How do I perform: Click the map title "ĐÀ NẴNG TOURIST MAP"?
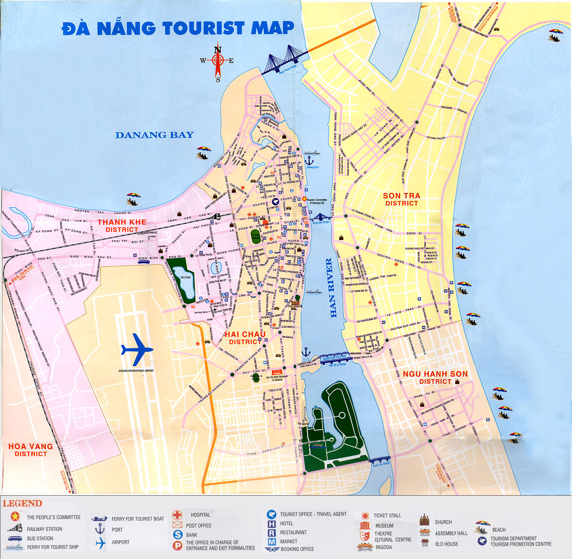(x=178, y=28)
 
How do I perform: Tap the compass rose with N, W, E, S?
(x=218, y=61)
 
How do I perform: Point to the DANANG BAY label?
(x=154, y=135)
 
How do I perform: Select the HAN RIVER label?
(x=331, y=288)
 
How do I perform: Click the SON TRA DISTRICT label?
(x=401, y=199)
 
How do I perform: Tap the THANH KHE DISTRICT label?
(x=122, y=226)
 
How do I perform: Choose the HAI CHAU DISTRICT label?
(x=245, y=338)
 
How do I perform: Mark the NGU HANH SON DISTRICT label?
(x=435, y=377)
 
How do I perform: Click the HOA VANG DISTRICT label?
(x=31, y=450)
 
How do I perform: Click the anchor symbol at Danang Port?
(x=309, y=161)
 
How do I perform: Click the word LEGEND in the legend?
(x=22, y=503)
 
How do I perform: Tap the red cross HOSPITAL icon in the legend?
(x=177, y=515)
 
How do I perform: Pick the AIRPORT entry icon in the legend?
(x=100, y=543)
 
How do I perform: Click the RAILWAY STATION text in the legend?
(x=44, y=529)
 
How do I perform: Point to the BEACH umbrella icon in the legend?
(x=482, y=527)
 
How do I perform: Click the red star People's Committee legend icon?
(x=15, y=516)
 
